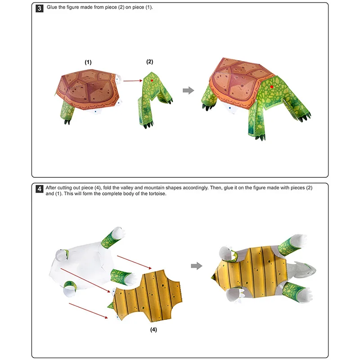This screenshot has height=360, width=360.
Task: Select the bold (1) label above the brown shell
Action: (88, 63)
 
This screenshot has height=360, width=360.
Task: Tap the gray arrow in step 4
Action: (196, 266)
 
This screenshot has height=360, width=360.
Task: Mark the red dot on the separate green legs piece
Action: (152, 80)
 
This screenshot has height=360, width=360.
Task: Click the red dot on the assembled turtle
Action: (271, 87)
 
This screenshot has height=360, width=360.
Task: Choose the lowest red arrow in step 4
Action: (88, 310)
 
